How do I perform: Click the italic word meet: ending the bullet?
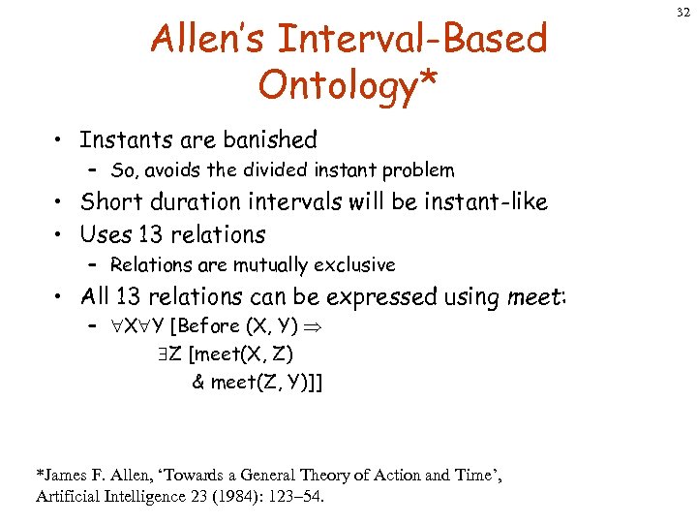pyautogui.click(x=537, y=296)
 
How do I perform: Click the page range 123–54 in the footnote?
pyautogui.click(x=302, y=498)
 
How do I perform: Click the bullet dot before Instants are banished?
pyautogui.click(x=59, y=141)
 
